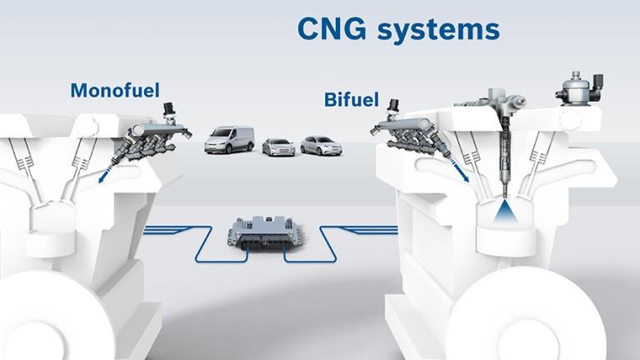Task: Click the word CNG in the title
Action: [332, 29]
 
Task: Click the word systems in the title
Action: [438, 30]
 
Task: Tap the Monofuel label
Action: [115, 90]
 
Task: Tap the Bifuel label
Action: [352, 100]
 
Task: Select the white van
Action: [229, 140]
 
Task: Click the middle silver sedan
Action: [278, 147]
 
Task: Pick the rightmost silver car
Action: [321, 145]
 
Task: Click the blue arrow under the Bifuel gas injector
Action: [460, 172]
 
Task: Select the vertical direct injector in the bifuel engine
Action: [504, 155]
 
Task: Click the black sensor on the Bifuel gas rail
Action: [395, 108]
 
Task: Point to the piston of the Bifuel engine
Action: [505, 237]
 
